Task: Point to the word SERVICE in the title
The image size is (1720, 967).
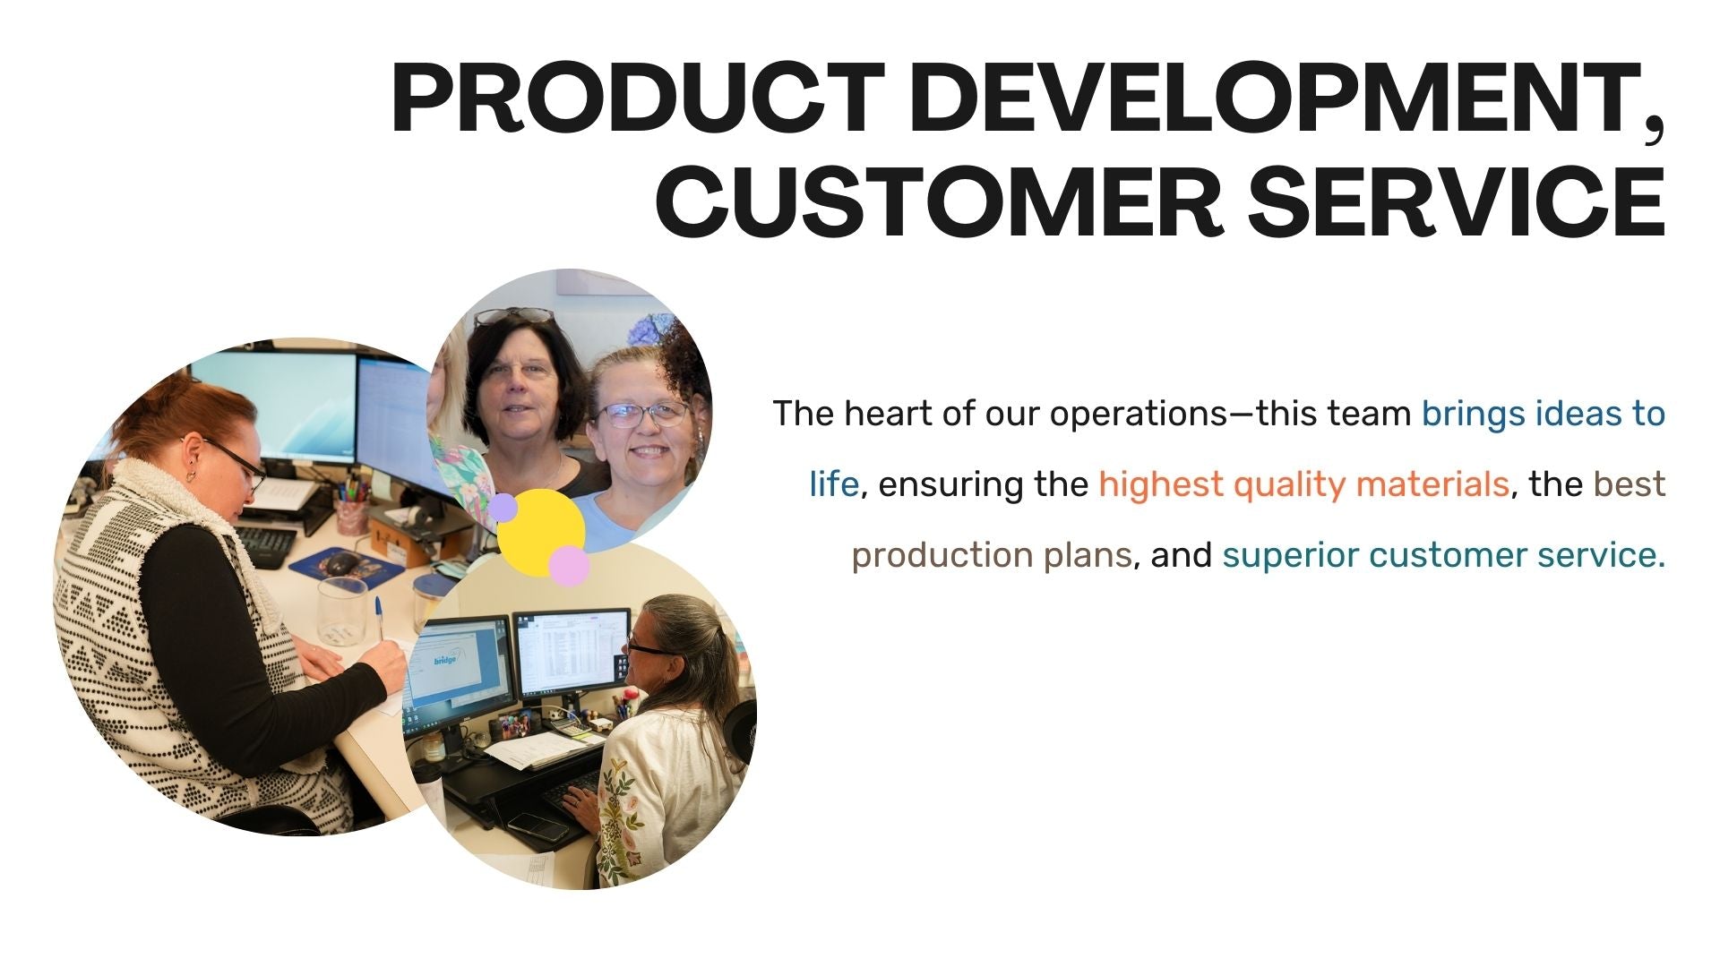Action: (x=1457, y=201)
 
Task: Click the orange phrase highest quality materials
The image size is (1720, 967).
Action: (x=1303, y=484)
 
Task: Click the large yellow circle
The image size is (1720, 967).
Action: (x=540, y=532)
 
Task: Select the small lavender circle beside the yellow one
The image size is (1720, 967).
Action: (x=503, y=507)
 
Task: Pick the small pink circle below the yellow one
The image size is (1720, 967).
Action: (x=569, y=566)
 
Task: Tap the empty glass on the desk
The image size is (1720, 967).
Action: (x=342, y=611)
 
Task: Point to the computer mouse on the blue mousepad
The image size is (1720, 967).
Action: (x=341, y=563)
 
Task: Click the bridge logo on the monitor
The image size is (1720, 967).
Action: (x=446, y=659)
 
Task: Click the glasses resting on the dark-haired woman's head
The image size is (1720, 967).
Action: (x=513, y=315)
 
